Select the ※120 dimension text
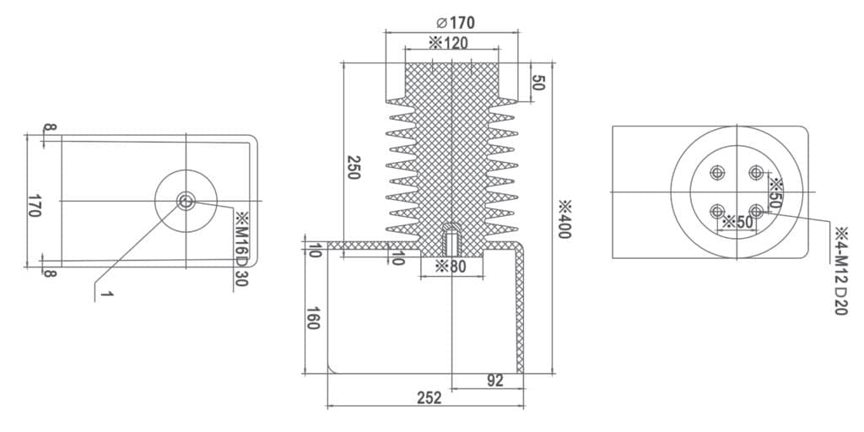(x=448, y=43)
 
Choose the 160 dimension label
(x=313, y=317)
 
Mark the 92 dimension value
(x=495, y=381)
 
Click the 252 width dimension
(x=429, y=398)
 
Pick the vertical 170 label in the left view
(x=34, y=205)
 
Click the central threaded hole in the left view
(x=186, y=201)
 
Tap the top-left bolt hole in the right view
(x=717, y=173)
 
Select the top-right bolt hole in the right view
(x=756, y=173)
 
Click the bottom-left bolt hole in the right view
(x=717, y=211)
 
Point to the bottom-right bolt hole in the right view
(x=756, y=211)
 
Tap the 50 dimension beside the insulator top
(x=538, y=83)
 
